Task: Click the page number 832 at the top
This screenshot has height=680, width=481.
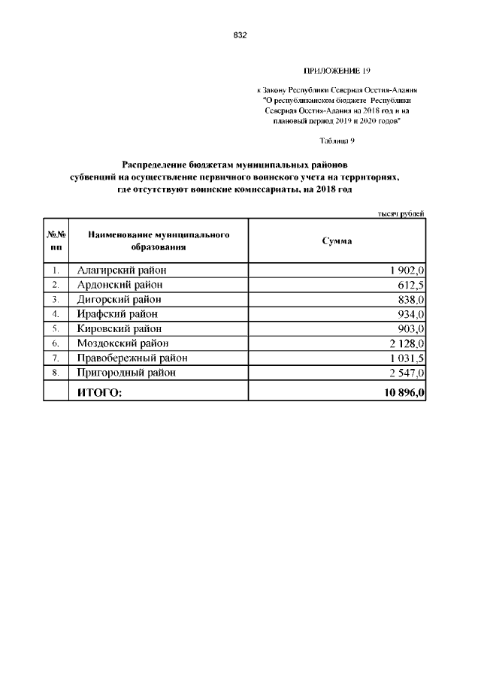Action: (x=240, y=35)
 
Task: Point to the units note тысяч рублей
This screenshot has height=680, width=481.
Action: (x=401, y=213)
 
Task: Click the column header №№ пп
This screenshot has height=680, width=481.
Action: (x=56, y=240)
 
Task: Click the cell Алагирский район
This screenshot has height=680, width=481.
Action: (x=122, y=270)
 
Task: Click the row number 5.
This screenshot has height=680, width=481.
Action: (x=56, y=328)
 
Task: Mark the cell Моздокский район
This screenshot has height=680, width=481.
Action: (x=123, y=343)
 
